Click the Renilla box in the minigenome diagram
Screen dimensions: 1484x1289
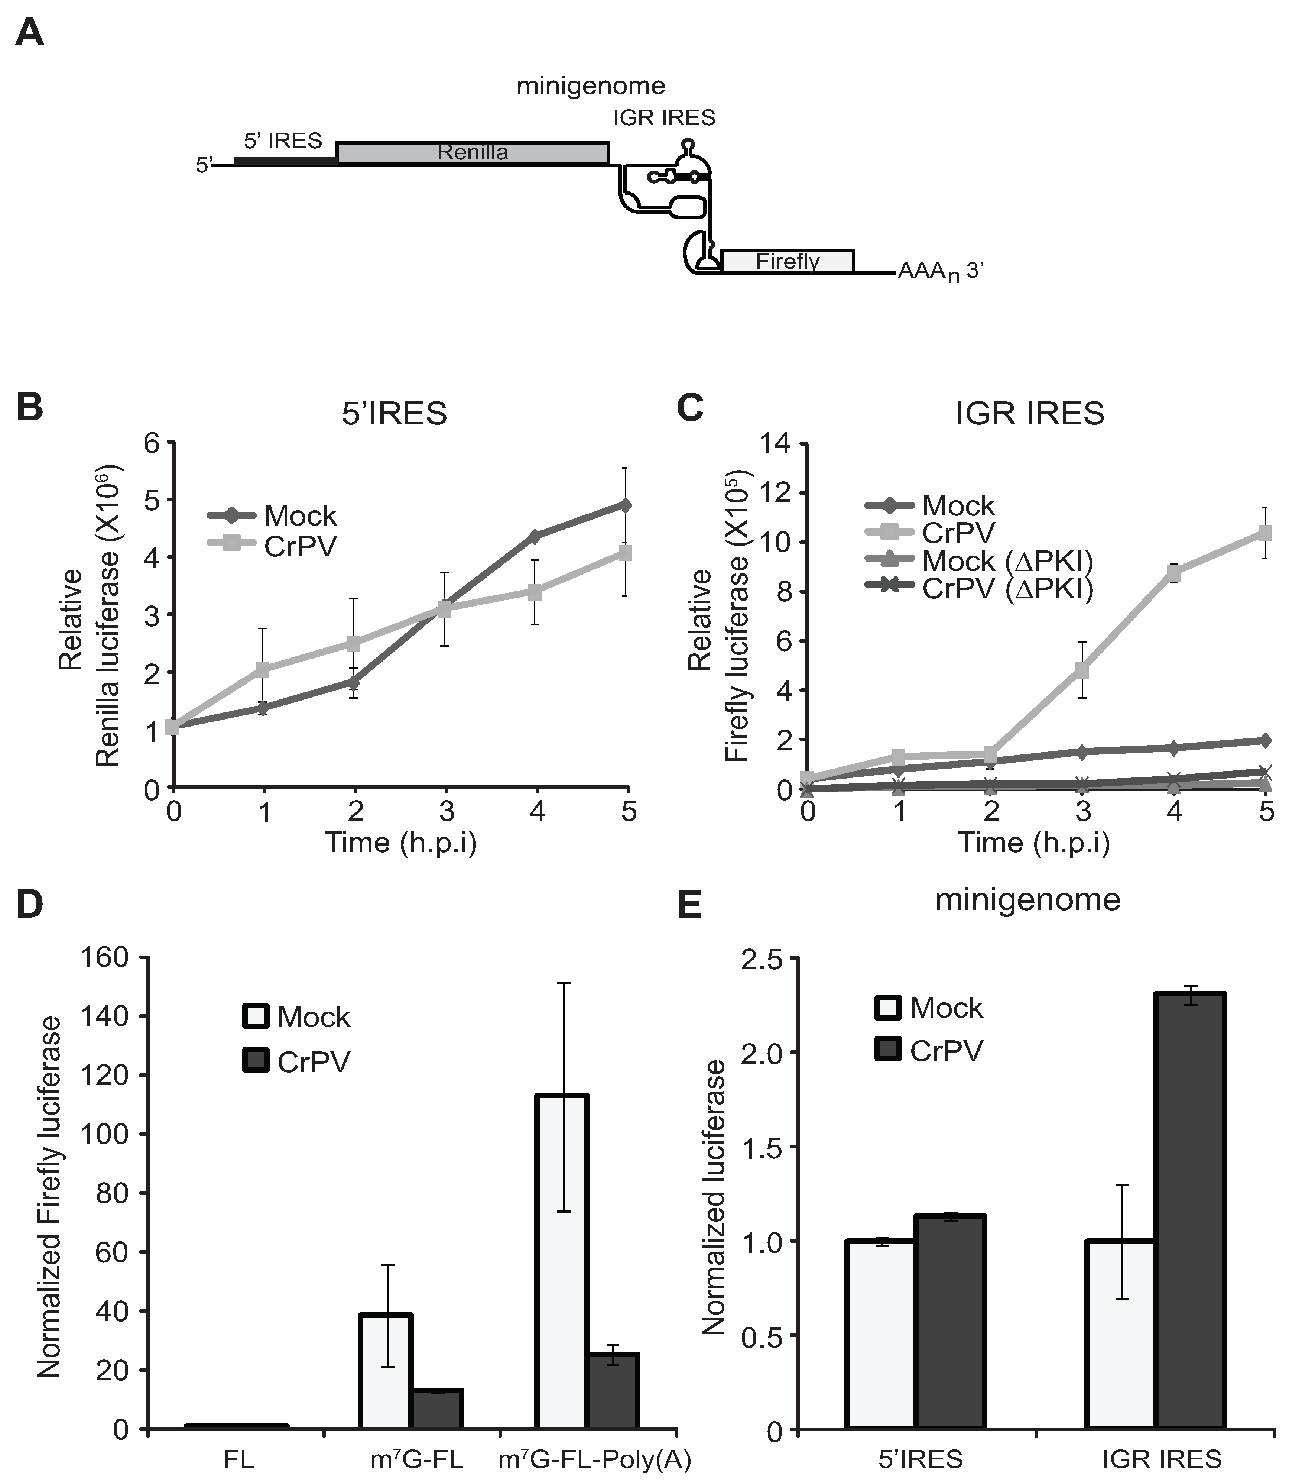(473, 153)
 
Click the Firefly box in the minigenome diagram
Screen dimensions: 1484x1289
(788, 261)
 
